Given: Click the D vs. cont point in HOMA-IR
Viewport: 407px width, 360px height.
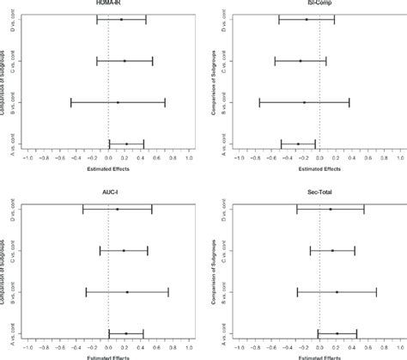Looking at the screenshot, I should click(122, 19).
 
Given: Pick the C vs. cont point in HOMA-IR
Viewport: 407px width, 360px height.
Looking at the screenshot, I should click(125, 61).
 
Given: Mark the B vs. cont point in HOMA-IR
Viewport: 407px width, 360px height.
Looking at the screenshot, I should click(118, 102).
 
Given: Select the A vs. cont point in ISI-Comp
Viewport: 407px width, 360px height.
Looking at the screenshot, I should click(299, 144).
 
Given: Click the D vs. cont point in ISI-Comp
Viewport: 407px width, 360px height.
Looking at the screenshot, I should click(307, 19).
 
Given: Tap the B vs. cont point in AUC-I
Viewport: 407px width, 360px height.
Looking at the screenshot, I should click(127, 292).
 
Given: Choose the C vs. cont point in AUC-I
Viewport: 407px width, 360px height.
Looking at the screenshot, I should click(124, 251).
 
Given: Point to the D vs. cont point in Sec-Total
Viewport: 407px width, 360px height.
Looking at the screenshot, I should click(331, 209).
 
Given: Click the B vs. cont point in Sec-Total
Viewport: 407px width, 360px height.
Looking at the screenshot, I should click(337, 292).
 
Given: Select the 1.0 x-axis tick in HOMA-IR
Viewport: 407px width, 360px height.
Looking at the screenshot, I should click(189, 159).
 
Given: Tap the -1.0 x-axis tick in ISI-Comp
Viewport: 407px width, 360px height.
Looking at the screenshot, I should click(239, 159).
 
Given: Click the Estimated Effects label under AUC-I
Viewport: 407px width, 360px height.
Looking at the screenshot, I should click(108, 357).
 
